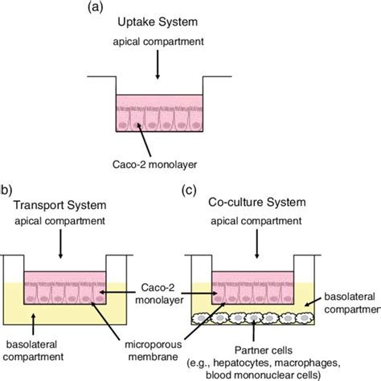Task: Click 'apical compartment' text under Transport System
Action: coord(60,221)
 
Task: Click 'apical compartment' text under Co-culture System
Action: coord(251,221)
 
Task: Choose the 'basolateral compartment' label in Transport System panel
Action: coord(37,334)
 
